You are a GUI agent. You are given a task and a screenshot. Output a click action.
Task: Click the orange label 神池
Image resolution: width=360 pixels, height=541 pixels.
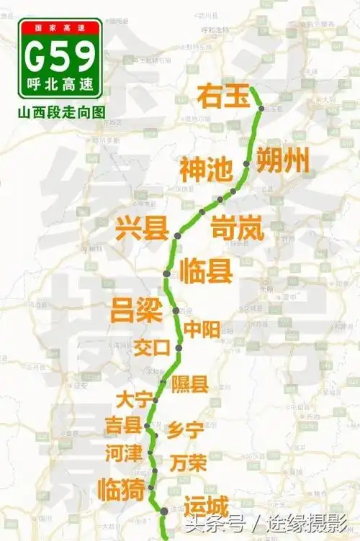(206, 171)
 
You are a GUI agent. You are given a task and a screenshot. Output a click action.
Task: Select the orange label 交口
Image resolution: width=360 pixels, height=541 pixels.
(152, 347)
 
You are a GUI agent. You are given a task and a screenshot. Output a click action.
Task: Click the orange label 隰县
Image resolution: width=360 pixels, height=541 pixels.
(190, 383)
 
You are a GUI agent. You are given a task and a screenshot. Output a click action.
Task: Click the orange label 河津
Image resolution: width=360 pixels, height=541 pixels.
(122, 453)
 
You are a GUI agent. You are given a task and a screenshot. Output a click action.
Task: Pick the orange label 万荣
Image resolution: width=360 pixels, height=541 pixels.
(189, 462)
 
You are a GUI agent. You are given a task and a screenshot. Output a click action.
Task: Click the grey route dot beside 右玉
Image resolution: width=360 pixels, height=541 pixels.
(262, 109)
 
